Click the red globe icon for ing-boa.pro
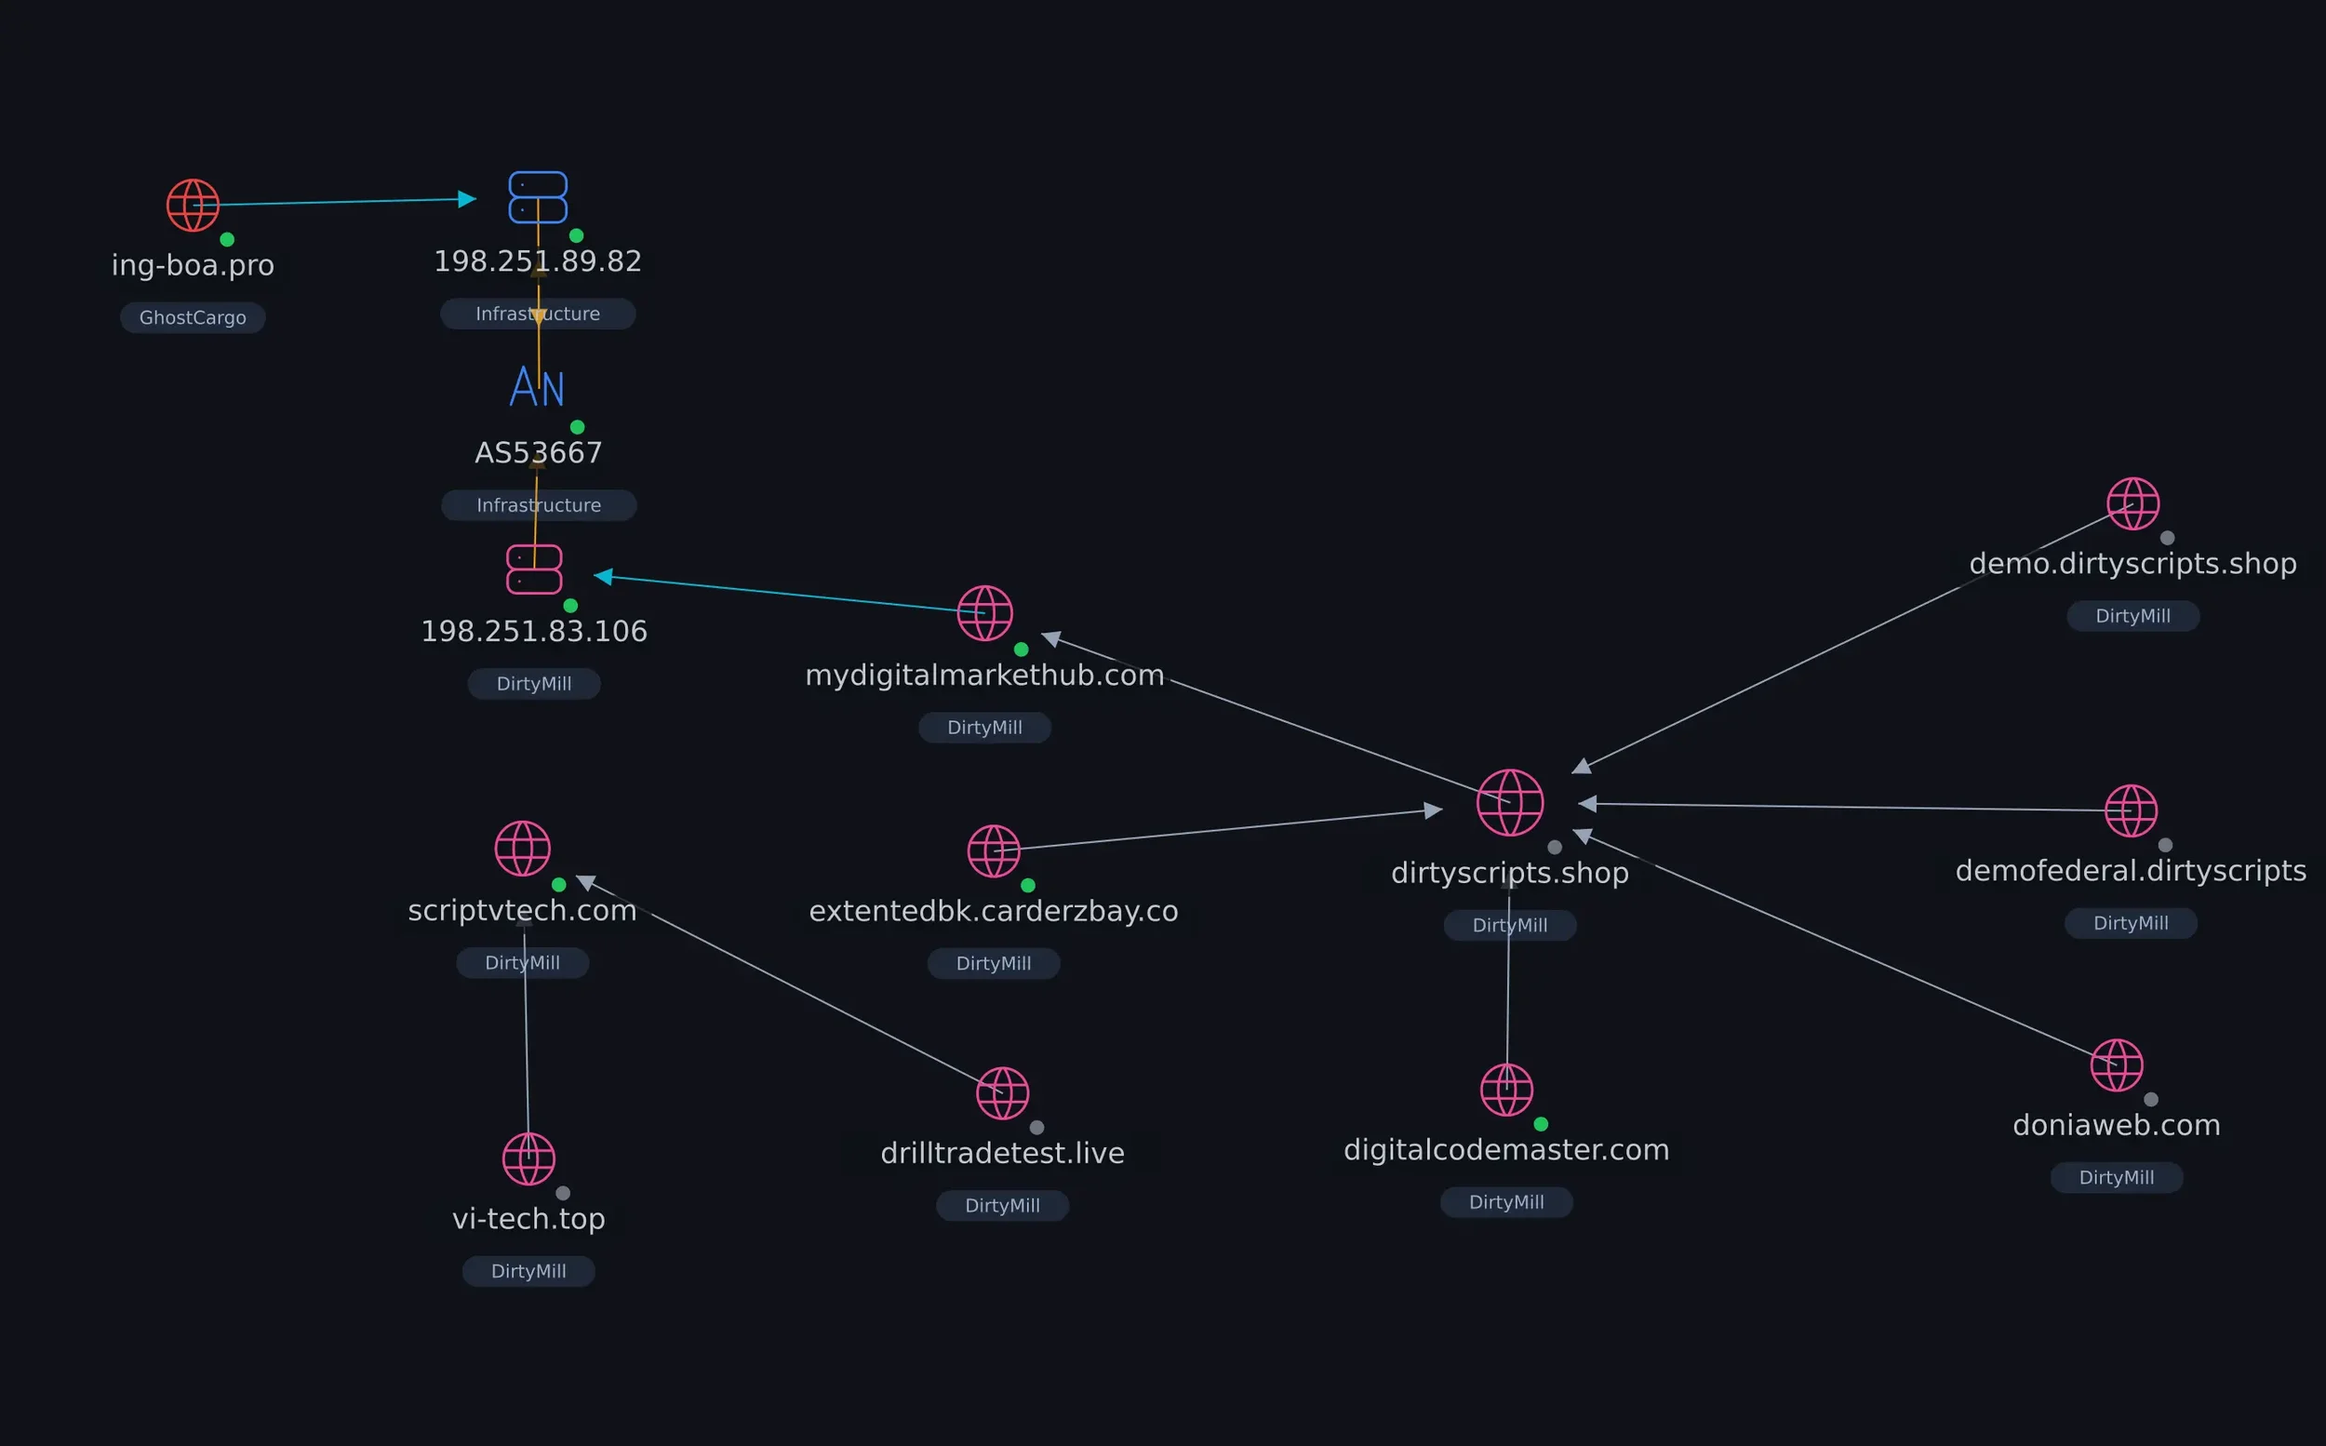(194, 206)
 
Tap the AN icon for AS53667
(537, 387)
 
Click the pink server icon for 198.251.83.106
(534, 570)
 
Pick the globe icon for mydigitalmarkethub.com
(984, 613)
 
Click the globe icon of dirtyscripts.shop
(1509, 802)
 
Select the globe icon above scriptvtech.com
(523, 849)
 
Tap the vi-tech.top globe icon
(528, 1159)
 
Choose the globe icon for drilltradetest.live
(1002, 1093)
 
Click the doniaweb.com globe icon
(2117, 1065)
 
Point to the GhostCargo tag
(194, 317)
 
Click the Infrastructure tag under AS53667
(540, 505)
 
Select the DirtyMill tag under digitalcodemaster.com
(1506, 1202)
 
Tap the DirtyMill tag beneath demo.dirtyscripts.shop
(2132, 616)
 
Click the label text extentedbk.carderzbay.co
(994, 911)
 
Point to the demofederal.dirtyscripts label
(2131, 871)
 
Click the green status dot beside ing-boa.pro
(228, 239)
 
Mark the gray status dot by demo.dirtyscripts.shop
(2167, 539)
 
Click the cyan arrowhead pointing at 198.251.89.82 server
(467, 199)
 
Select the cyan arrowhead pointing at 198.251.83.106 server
(603, 576)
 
